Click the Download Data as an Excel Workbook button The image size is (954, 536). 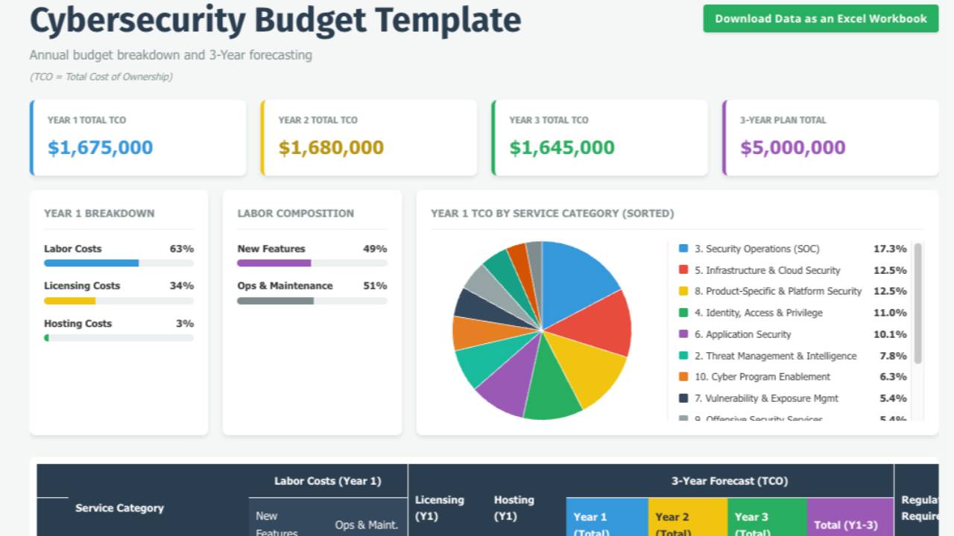pyautogui.click(x=821, y=19)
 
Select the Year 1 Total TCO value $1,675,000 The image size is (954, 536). pyautogui.click(x=100, y=147)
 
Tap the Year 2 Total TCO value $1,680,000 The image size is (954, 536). pyautogui.click(x=331, y=147)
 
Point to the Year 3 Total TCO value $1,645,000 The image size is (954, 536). pyautogui.click(x=562, y=147)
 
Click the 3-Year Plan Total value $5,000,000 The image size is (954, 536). pyautogui.click(x=792, y=147)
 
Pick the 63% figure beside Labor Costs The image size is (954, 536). pyautogui.click(x=182, y=249)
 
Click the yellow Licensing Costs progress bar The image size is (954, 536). pyautogui.click(x=70, y=301)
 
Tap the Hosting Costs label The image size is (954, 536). pyautogui.click(x=78, y=324)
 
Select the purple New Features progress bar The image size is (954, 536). pyautogui.click(x=274, y=263)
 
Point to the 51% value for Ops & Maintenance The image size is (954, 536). pyautogui.click(x=375, y=286)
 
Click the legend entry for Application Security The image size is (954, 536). pyautogui.click(x=748, y=334)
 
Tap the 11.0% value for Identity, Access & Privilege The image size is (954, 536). pyautogui.click(x=890, y=313)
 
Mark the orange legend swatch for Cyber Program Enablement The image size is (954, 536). pyautogui.click(x=683, y=377)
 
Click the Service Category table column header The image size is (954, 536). pyautogui.click(x=119, y=508)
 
